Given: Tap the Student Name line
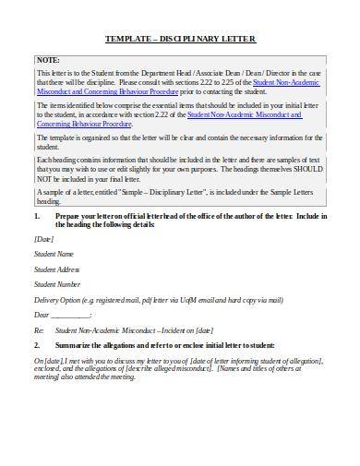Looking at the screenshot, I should tap(53, 253).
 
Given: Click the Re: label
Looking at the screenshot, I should tap(39, 329).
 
